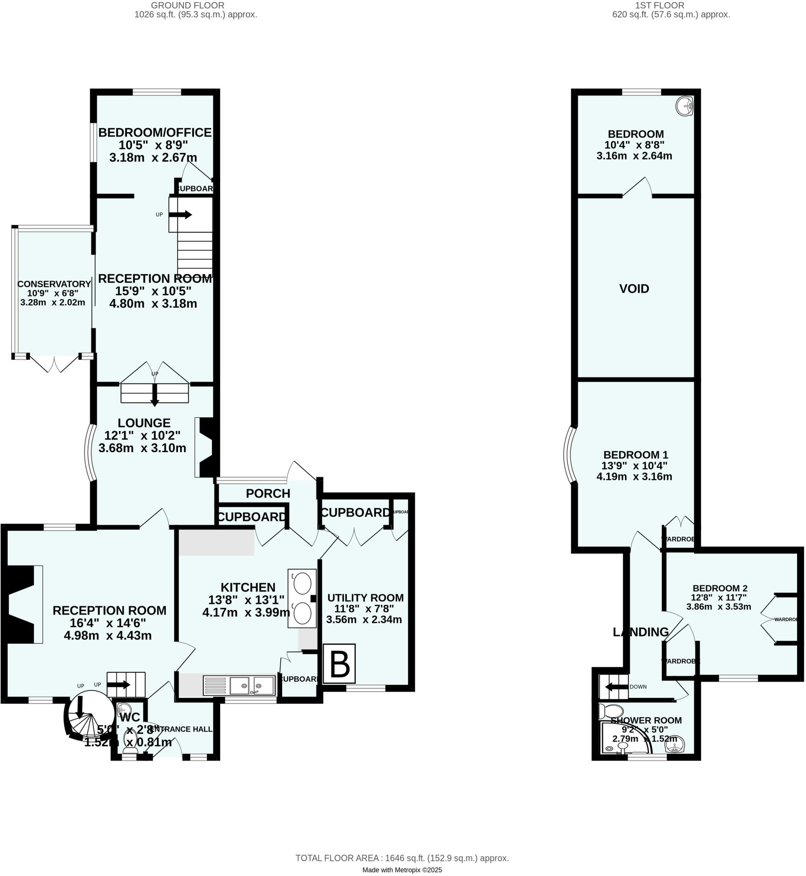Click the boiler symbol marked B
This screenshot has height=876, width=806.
[x=340, y=663]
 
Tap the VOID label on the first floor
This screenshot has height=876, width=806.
[x=634, y=289]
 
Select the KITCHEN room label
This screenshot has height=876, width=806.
[x=248, y=588]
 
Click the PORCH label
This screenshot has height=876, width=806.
[x=268, y=494]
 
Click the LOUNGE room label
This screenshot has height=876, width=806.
[x=144, y=423]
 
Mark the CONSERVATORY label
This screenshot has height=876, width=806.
[x=54, y=284]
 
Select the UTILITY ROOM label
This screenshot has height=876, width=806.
[x=365, y=598]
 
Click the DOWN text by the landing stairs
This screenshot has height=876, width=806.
[x=638, y=687]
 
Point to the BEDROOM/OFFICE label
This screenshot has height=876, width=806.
[x=155, y=133]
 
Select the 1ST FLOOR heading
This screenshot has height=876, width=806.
[x=659, y=6]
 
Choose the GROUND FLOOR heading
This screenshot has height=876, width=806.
[x=188, y=6]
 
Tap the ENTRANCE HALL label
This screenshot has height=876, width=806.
[x=180, y=729]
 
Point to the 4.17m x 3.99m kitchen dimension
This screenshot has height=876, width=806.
[x=246, y=613]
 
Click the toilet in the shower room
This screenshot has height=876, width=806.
[x=611, y=711]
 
